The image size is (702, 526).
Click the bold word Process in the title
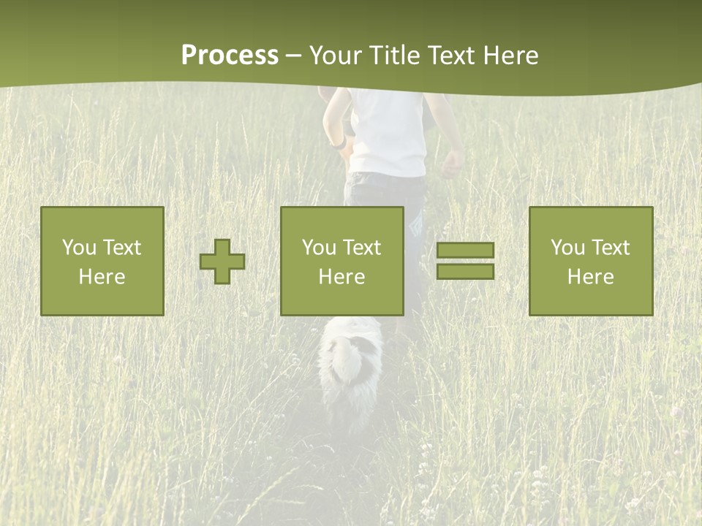(230, 56)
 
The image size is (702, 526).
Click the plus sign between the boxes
(222, 262)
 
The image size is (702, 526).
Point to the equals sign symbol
(465, 261)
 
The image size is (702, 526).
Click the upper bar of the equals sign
(465, 251)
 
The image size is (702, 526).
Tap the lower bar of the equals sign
(465, 271)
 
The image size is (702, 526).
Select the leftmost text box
(102, 262)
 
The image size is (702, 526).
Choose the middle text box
(342, 262)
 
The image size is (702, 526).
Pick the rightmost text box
(591, 262)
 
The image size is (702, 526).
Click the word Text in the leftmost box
(121, 248)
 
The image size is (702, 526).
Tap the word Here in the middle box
(342, 277)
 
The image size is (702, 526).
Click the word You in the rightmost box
(568, 248)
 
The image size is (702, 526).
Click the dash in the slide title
(294, 56)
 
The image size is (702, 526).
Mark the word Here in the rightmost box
(591, 277)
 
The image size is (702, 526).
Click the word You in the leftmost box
(79, 248)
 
